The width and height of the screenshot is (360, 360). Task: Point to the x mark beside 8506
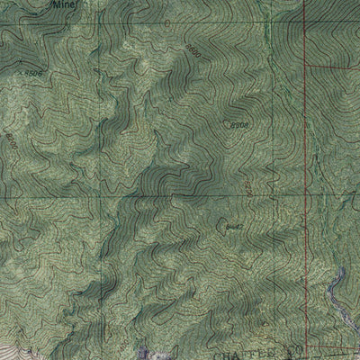[x=19, y=70]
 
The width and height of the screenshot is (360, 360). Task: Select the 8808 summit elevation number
[x=238, y=126]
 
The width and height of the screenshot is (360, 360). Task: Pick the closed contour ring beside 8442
[x=223, y=219]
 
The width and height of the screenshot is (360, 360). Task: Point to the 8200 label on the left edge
[x=10, y=140]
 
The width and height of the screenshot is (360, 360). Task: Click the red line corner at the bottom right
[x=304, y=347]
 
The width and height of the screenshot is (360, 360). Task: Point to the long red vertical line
[x=304, y=180]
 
